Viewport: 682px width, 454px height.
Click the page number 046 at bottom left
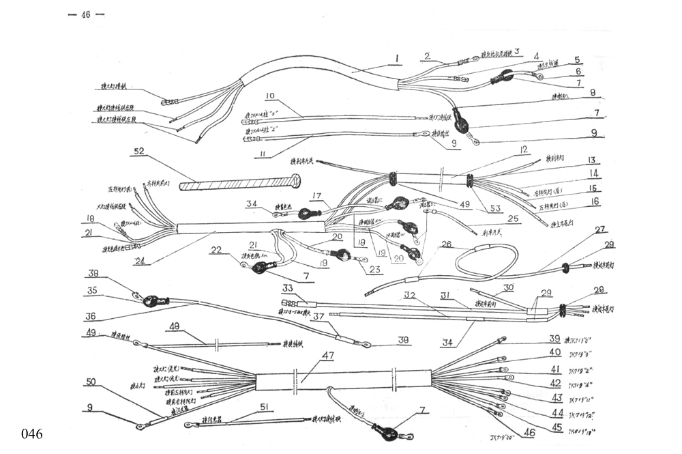tap(32, 434)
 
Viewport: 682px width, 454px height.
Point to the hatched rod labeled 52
tap(239, 183)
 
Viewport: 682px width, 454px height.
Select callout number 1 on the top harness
tap(396, 58)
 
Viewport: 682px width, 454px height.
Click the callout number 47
tap(327, 355)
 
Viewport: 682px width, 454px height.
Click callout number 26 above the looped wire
tap(447, 244)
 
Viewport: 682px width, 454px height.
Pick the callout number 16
tap(595, 201)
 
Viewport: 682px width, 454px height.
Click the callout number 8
tap(592, 92)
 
